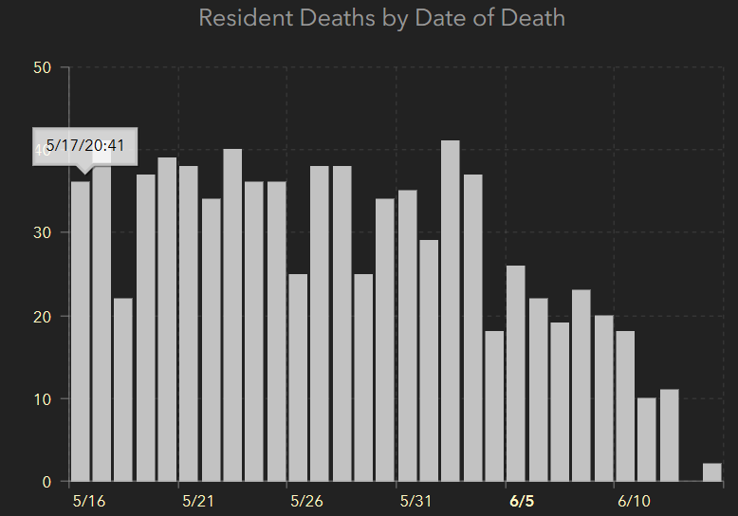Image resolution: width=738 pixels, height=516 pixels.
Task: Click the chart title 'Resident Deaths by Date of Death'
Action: [381, 18]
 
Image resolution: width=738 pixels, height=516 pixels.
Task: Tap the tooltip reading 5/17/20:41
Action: [85, 145]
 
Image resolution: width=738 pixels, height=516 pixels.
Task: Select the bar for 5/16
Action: [80, 332]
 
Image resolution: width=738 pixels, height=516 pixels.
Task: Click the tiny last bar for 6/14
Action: [712, 472]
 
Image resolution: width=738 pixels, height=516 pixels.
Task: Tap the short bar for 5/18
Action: [123, 390]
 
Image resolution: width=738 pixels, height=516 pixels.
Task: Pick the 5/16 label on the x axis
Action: [88, 501]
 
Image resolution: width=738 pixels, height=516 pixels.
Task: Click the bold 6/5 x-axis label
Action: [522, 501]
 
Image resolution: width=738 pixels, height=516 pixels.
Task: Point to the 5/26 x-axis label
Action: [306, 501]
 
